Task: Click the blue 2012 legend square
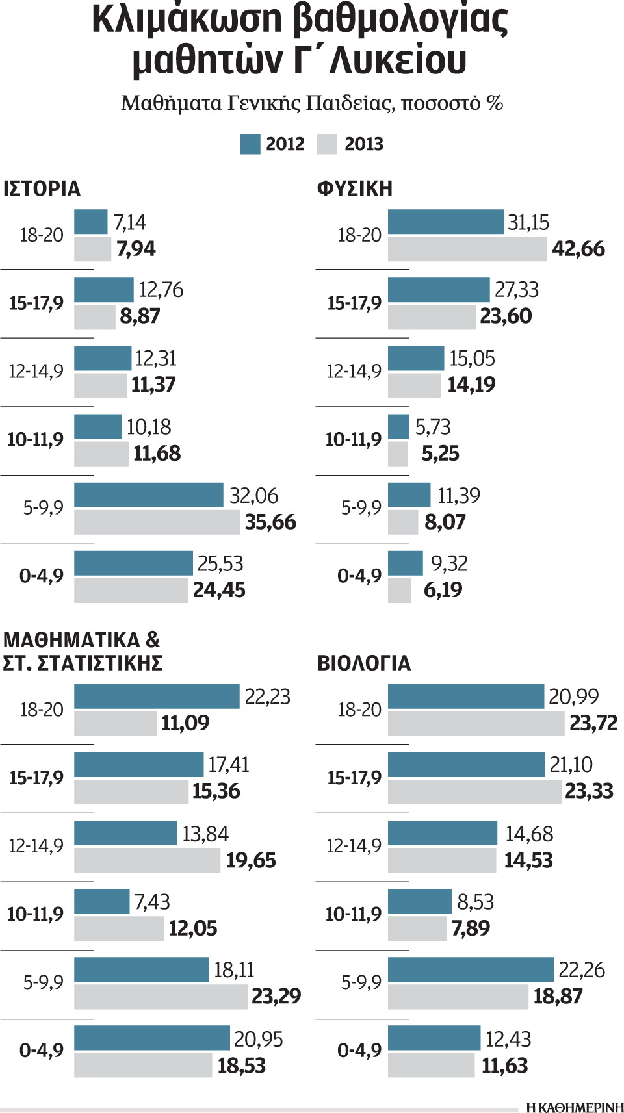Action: [x=250, y=144]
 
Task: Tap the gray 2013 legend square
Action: [x=327, y=144]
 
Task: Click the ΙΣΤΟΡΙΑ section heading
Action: [x=42, y=188]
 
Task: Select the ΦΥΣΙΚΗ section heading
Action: [x=355, y=188]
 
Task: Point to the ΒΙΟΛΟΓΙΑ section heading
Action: [x=364, y=663]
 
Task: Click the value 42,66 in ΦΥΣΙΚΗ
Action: [x=578, y=249]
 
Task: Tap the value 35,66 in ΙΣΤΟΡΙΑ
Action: [x=270, y=522]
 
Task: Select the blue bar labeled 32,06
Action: [x=148, y=495]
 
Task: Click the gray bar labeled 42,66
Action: [x=467, y=249]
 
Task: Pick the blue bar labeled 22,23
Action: [x=157, y=697]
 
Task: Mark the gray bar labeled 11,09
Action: [x=115, y=723]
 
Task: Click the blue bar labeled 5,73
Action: [x=398, y=427]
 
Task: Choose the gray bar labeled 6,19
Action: [x=399, y=591]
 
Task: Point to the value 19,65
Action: [x=251, y=860]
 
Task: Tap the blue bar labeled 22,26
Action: [x=471, y=969]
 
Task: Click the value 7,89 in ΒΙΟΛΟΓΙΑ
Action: [x=471, y=928]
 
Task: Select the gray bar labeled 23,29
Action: [x=161, y=997]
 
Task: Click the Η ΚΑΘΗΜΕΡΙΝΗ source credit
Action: [x=575, y=1107]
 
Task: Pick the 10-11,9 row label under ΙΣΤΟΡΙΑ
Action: [x=36, y=440]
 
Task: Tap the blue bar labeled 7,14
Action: [x=90, y=222]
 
